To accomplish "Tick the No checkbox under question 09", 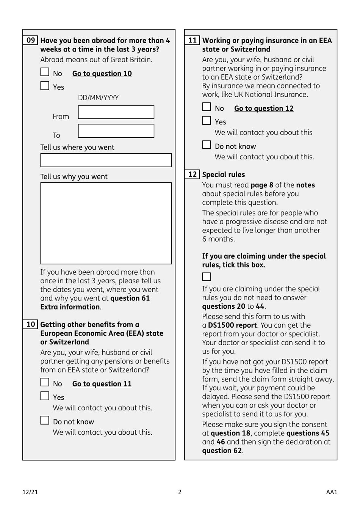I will (x=45, y=72).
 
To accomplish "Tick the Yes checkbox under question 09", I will (x=45, y=86).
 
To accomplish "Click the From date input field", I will (x=116, y=112).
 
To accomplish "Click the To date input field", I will (x=116, y=131).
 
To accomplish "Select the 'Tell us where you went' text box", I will (x=106, y=160).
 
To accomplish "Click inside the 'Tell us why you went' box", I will (x=106, y=223).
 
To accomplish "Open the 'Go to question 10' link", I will (x=102, y=74).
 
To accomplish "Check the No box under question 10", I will (x=45, y=382).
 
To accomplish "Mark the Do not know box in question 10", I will (x=45, y=420).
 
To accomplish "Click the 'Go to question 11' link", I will (x=102, y=384).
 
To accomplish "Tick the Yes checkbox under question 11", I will (x=207, y=121).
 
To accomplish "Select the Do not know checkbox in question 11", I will (x=207, y=145).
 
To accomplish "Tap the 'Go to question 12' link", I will (x=264, y=108).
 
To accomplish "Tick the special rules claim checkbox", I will (x=207, y=277).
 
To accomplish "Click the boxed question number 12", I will (x=193, y=174).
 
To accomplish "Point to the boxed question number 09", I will (x=31, y=40).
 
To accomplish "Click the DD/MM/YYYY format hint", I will (x=98, y=98).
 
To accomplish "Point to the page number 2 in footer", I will (x=180, y=492).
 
